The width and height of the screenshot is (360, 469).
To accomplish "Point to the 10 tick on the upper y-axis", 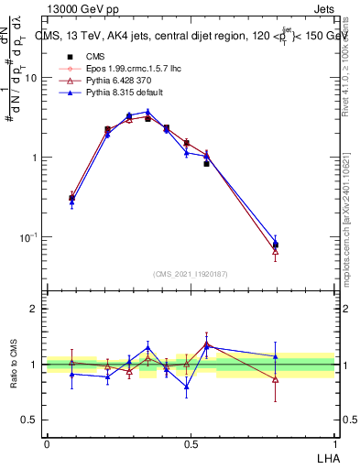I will [31, 78].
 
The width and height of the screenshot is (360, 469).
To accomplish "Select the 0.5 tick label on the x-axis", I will [191, 443].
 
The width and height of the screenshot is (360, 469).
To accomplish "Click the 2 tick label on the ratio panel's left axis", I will [34, 309].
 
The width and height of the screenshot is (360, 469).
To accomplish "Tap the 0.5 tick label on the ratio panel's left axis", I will [31, 420].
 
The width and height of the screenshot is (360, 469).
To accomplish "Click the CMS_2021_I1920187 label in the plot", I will [190, 274].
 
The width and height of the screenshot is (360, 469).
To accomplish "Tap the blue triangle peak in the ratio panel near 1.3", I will [148, 347].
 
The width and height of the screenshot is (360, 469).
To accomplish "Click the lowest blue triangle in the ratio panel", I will [186, 387].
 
